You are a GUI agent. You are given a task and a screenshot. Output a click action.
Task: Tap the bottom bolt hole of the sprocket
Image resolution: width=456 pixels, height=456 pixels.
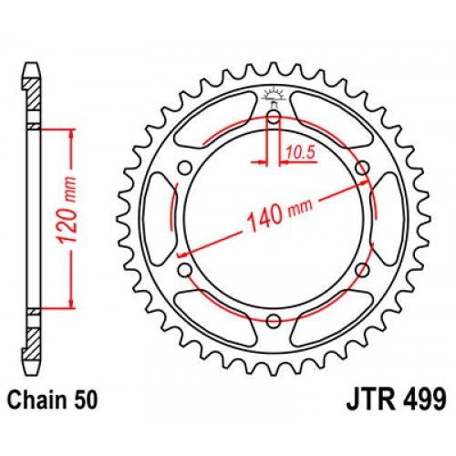tap(275, 318)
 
